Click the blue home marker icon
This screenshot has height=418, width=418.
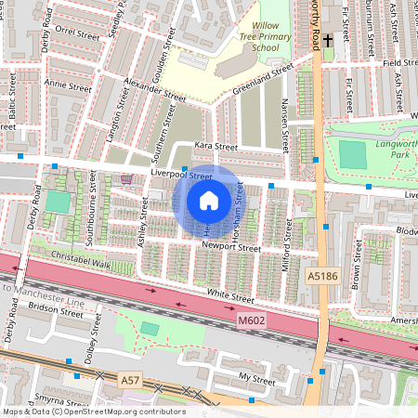(x=209, y=200)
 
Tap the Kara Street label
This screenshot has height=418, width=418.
(x=216, y=147)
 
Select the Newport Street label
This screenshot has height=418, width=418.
(x=230, y=248)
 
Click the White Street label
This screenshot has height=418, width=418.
(x=229, y=297)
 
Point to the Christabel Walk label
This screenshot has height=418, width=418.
(x=83, y=264)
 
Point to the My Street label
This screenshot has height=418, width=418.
(x=257, y=379)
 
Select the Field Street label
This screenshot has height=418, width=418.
(x=398, y=63)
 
